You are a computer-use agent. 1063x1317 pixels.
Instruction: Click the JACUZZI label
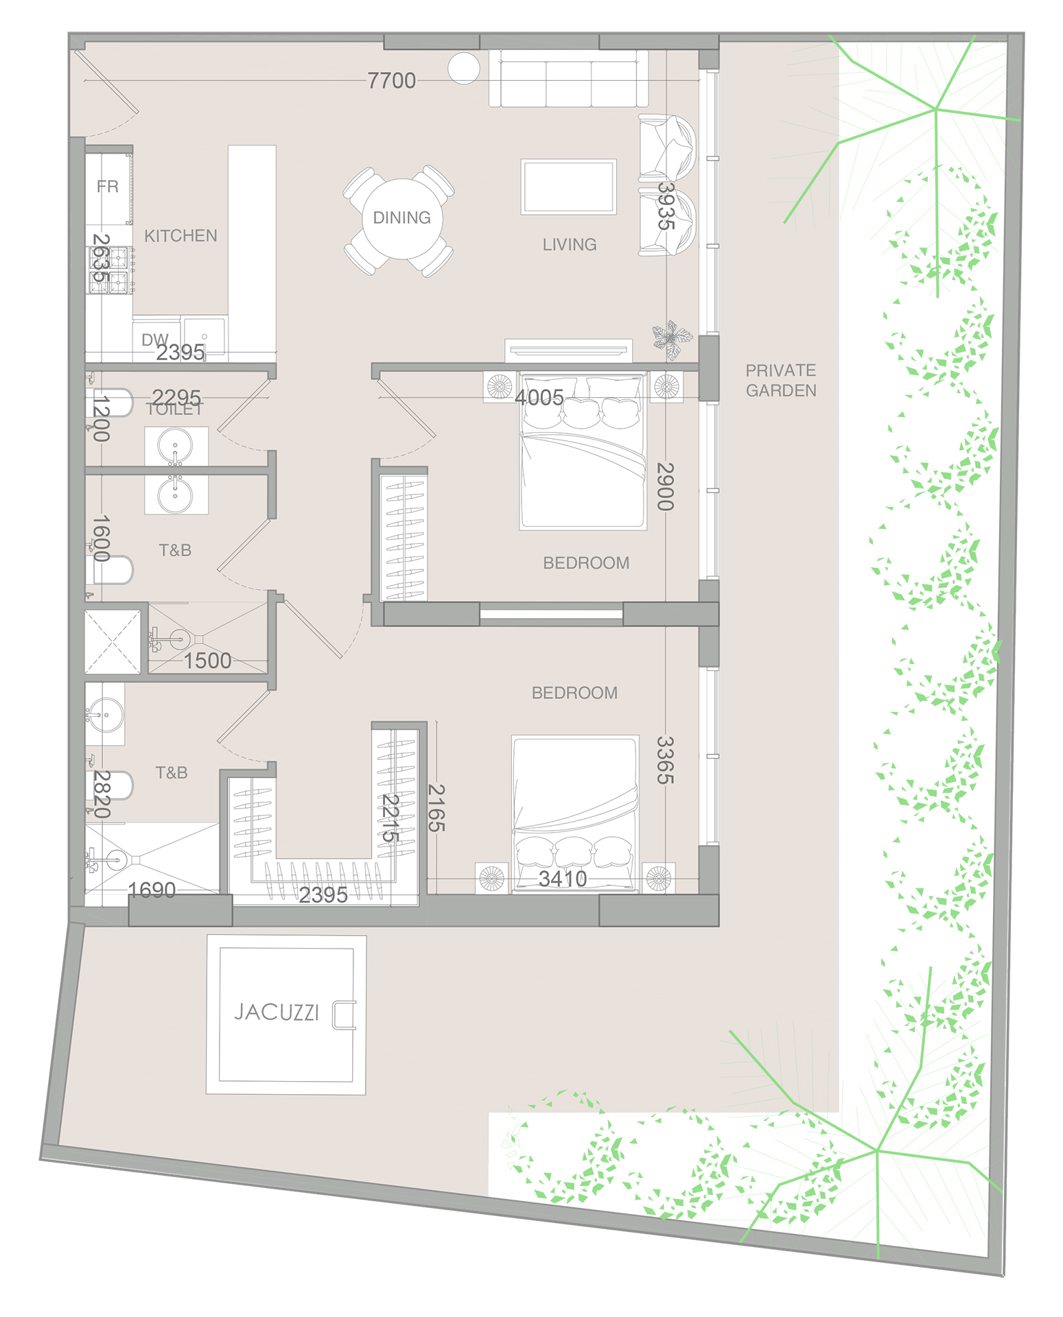277,1012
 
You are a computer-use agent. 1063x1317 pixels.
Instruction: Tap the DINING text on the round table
401,217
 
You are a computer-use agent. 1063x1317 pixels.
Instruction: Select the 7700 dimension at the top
391,81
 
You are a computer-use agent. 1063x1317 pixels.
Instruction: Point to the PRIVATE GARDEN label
781,380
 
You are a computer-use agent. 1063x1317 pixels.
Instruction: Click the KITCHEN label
180,236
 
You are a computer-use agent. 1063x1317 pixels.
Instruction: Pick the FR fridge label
108,187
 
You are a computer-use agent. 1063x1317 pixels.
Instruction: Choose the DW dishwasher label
154,340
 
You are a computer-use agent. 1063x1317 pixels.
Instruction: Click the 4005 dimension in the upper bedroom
539,397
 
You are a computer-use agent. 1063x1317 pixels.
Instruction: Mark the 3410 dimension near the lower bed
563,879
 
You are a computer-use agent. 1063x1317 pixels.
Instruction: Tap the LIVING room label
570,244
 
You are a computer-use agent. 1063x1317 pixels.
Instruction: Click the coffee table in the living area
568,187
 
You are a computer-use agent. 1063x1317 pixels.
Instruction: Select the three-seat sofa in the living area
568,79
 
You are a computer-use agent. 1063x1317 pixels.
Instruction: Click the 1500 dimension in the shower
207,661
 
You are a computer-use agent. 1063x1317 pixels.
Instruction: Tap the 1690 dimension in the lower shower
152,890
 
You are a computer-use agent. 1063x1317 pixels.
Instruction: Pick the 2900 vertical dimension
665,486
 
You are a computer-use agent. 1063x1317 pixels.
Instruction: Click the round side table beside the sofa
464,68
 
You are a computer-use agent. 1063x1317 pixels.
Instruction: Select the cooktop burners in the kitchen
110,269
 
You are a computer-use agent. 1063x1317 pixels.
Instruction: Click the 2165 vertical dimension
436,807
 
